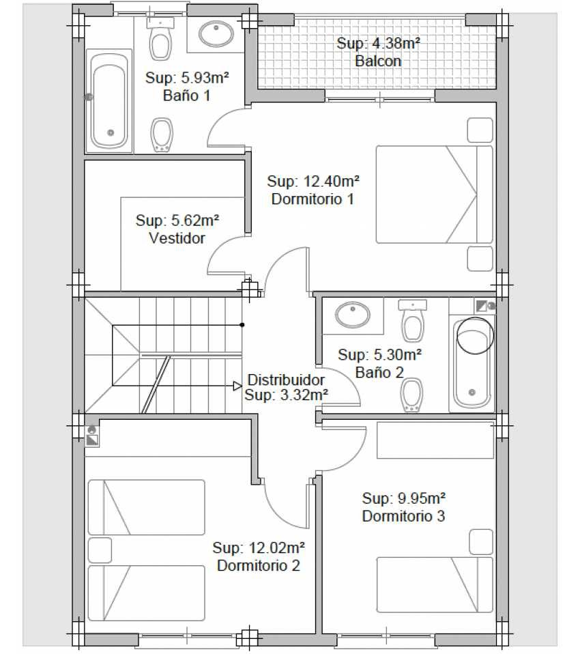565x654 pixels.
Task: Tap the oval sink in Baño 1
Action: tap(216, 33)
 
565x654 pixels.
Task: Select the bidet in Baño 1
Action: tap(161, 134)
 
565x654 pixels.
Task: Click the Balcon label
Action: tap(378, 61)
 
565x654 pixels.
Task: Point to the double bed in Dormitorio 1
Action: tap(434, 194)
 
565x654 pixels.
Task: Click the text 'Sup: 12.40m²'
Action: tap(313, 181)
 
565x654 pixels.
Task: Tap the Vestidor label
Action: tap(177, 238)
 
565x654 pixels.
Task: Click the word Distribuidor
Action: tap(286, 380)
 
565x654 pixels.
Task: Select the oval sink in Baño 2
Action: tap(353, 315)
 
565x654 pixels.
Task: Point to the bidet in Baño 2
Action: tap(412, 395)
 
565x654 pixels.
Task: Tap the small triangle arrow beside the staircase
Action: tap(237, 386)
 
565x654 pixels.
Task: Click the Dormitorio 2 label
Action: tap(259, 565)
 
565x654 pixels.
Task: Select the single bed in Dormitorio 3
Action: tap(435, 585)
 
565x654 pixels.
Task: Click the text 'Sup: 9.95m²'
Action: tap(404, 498)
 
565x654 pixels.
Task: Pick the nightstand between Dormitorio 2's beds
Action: tap(100, 550)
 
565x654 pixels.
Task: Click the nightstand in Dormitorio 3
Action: tap(481, 542)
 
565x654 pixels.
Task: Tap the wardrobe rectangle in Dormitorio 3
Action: tap(435, 440)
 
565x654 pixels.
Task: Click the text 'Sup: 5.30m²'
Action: tap(379, 355)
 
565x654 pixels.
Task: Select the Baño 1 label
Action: tap(186, 96)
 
